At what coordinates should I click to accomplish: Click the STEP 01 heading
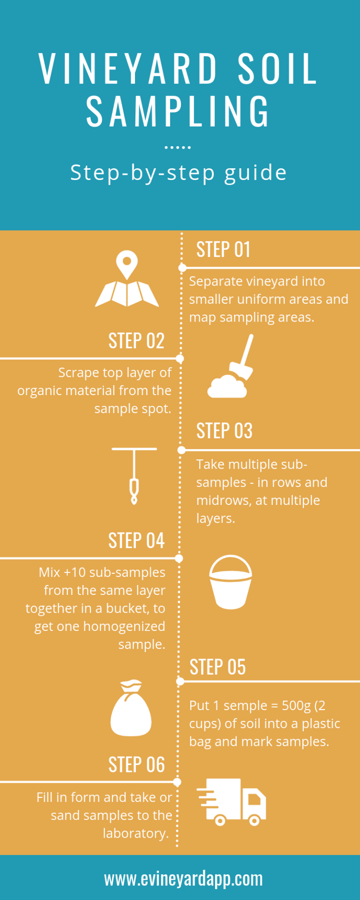223,249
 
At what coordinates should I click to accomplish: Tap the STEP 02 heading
136,341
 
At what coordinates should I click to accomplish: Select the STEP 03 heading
224,431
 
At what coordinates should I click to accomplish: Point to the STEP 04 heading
136,540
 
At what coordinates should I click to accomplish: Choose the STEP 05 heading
217,667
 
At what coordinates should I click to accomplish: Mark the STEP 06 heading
136,765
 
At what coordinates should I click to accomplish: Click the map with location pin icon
127,279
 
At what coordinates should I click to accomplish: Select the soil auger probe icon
134,475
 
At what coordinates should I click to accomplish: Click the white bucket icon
231,582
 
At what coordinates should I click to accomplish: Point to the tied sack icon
131,708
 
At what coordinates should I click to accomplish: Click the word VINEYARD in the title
128,69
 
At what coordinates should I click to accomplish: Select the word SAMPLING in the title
178,111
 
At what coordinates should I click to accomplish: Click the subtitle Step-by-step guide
178,173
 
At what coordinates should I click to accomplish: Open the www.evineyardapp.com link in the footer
183,879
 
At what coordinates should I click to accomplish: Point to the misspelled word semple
245,706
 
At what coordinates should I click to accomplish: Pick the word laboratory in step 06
135,833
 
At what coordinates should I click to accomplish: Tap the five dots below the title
178,147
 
